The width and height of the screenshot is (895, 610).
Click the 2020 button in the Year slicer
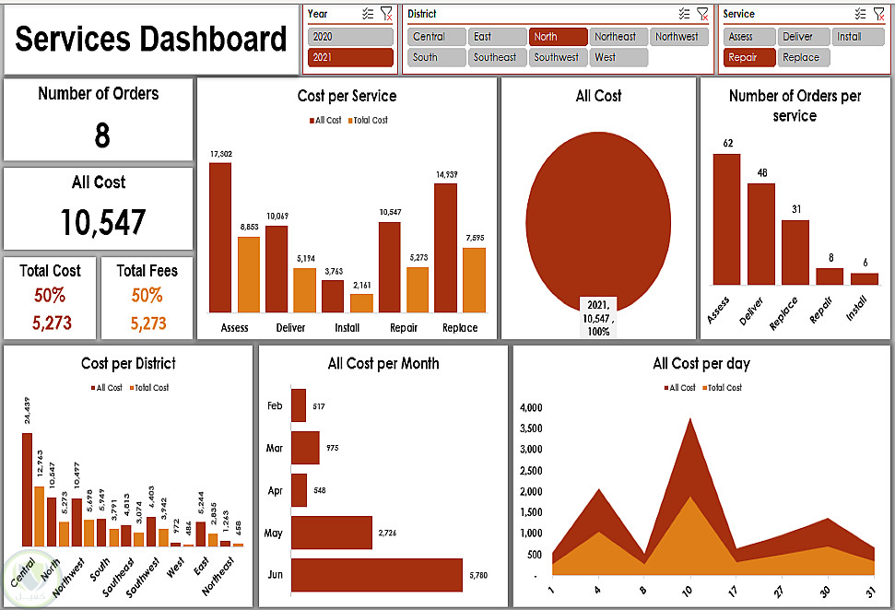[x=350, y=37]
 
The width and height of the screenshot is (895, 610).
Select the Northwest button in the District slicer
[x=678, y=37]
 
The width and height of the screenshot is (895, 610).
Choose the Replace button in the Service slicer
[x=802, y=57]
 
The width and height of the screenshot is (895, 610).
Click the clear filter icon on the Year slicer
[x=386, y=14]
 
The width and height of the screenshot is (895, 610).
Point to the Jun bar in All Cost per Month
[x=376, y=575]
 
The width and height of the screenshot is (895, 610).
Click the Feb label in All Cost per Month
[x=275, y=406]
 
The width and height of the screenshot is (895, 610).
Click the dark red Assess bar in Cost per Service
[x=220, y=238]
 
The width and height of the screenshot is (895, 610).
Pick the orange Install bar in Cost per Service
[x=361, y=303]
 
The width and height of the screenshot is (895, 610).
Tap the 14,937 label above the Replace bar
[x=446, y=174]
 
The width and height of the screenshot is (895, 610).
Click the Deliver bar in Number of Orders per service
[x=760, y=234]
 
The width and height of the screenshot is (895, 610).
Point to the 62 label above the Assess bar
[x=727, y=144]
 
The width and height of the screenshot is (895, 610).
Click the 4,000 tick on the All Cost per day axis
[x=532, y=407]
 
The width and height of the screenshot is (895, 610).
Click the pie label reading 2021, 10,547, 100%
[x=598, y=317]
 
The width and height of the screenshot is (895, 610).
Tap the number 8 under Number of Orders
[x=102, y=136]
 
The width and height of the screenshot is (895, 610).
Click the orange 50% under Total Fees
[x=147, y=296]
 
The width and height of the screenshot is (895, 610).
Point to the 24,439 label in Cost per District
[x=27, y=412]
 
